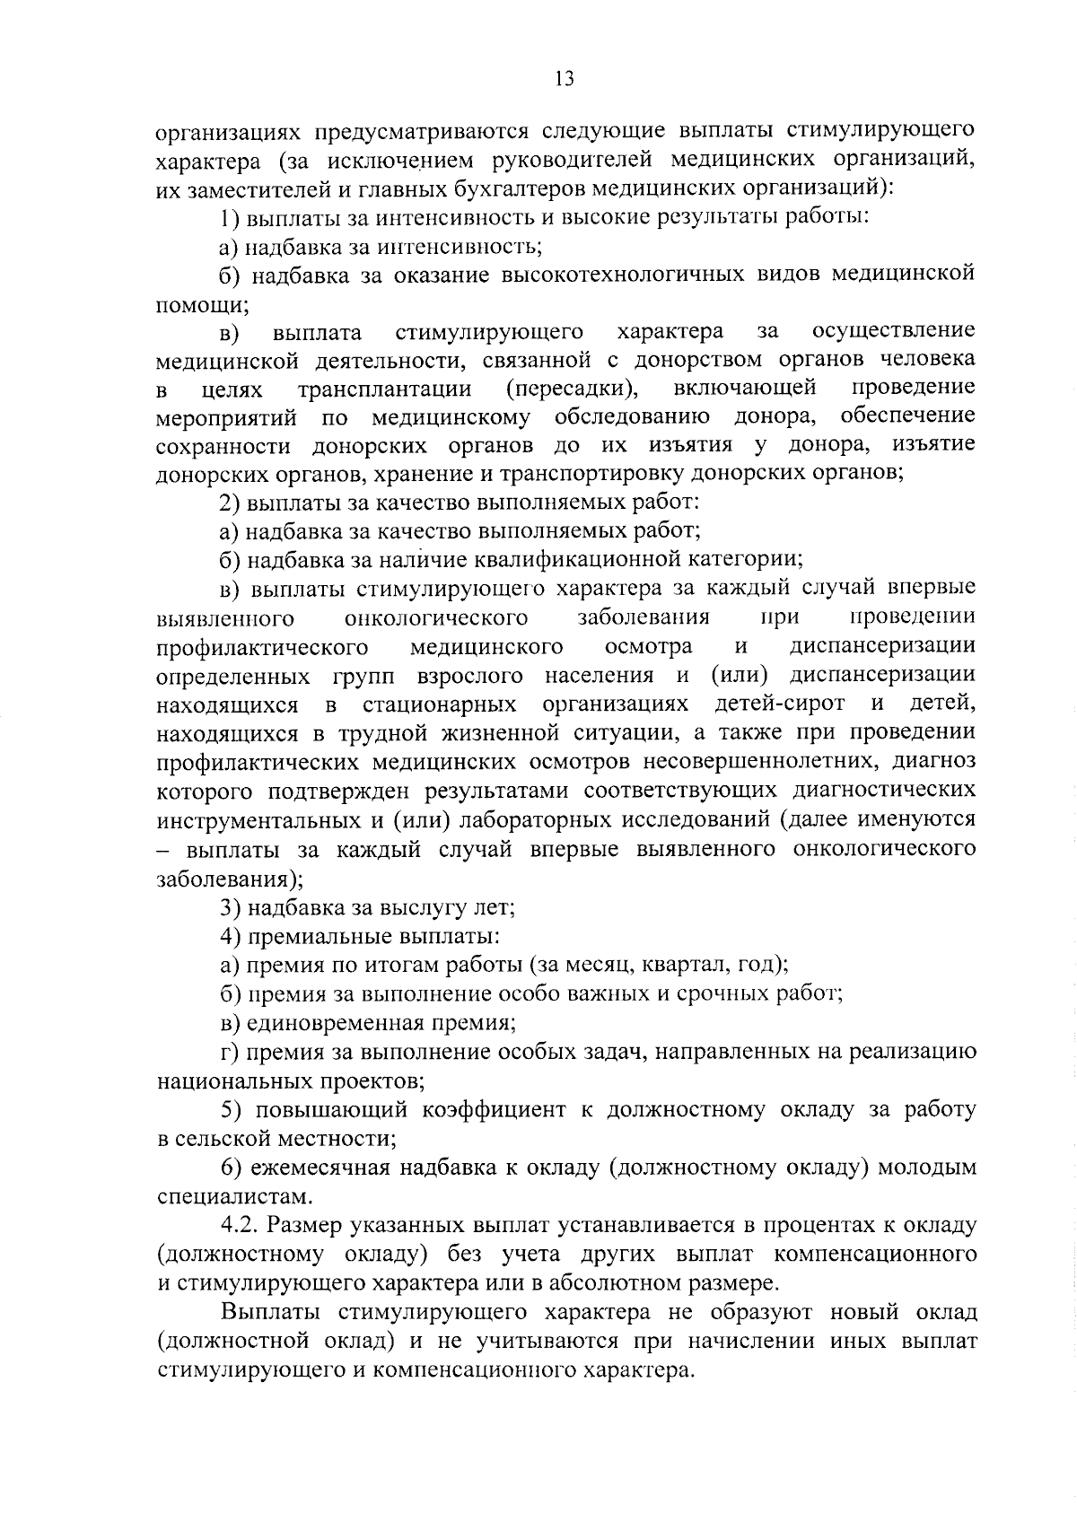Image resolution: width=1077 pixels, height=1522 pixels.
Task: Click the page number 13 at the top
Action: (564, 78)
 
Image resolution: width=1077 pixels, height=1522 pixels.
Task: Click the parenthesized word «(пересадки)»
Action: (572, 389)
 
